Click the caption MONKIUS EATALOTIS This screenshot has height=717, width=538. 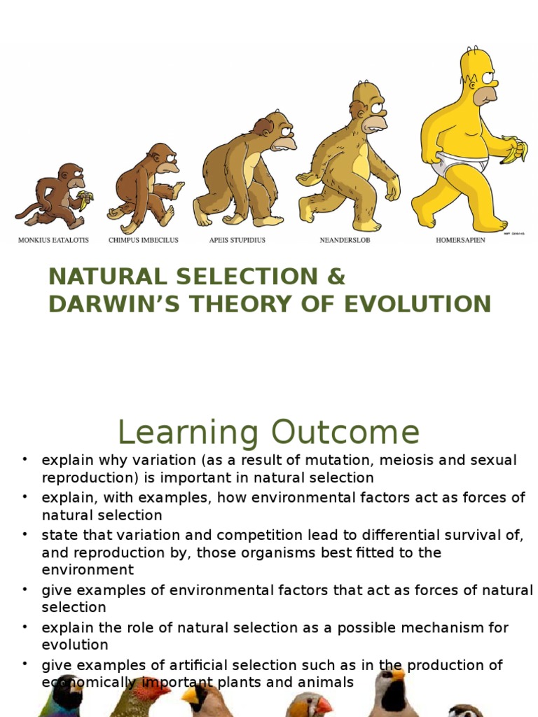(x=53, y=240)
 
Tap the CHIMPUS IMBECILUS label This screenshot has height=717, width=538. (x=143, y=240)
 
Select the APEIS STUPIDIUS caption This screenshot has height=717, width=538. (x=237, y=240)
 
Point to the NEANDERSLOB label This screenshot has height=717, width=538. (x=345, y=240)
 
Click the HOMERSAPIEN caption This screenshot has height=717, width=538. (x=460, y=240)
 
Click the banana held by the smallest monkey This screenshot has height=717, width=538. (x=85, y=199)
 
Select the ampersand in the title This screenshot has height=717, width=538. (x=336, y=277)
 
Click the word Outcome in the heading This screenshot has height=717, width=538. (x=345, y=432)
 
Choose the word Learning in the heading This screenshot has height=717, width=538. (x=188, y=433)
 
